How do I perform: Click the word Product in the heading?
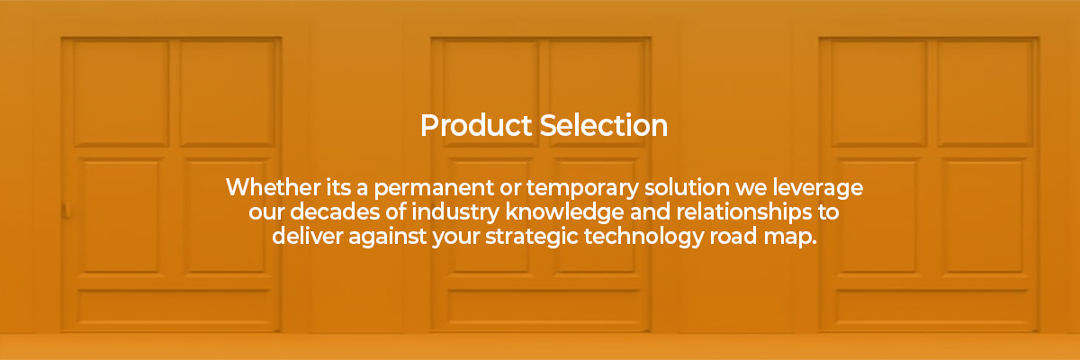click(x=476, y=126)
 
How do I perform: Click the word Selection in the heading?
click(x=604, y=126)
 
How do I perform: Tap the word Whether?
click(x=274, y=187)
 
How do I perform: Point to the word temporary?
click(x=582, y=188)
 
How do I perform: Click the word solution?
click(x=687, y=187)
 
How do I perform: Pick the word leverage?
click(x=818, y=188)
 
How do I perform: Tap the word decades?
click(x=335, y=211)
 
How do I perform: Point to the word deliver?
click(x=307, y=236)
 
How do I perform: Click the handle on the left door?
click(x=65, y=211)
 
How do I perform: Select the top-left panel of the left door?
click(x=121, y=93)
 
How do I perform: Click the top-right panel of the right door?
click(x=985, y=93)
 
